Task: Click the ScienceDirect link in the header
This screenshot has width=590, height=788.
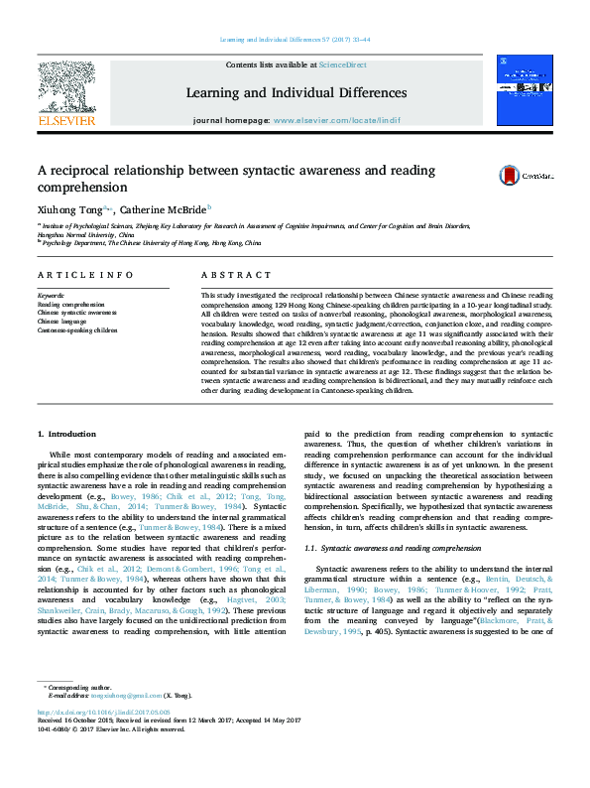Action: pyautogui.click(x=342, y=65)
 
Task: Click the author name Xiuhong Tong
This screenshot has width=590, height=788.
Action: pyautogui.click(x=68, y=210)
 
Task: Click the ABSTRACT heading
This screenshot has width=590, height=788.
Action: pyautogui.click(x=235, y=274)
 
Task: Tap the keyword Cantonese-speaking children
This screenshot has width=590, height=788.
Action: pyautogui.click(x=77, y=328)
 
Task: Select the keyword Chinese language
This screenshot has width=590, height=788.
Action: pyautogui.click(x=62, y=321)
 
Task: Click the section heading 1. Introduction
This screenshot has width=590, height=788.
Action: pyautogui.click(x=67, y=435)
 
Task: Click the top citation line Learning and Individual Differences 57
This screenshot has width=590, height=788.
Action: pyautogui.click(x=295, y=39)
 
